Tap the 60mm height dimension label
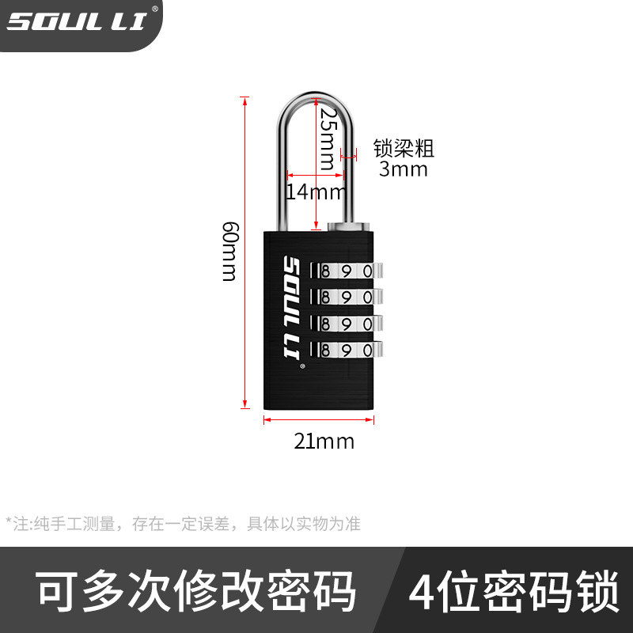pyautogui.click(x=229, y=252)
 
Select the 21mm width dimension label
pyautogui.click(x=324, y=441)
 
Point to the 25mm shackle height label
pyautogui.click(x=327, y=139)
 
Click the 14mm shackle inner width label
pyautogui.click(x=315, y=191)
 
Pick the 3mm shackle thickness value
pyautogui.click(x=403, y=169)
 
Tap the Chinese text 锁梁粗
pyautogui.click(x=404, y=148)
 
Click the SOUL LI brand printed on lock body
pyautogui.click(x=290, y=312)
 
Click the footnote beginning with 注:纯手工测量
pyautogui.click(x=183, y=523)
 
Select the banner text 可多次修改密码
pyautogui.click(x=197, y=592)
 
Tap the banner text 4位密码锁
pyautogui.click(x=514, y=592)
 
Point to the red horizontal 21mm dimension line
pyautogui.click(x=319, y=420)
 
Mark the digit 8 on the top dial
pyautogui.click(x=326, y=271)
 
